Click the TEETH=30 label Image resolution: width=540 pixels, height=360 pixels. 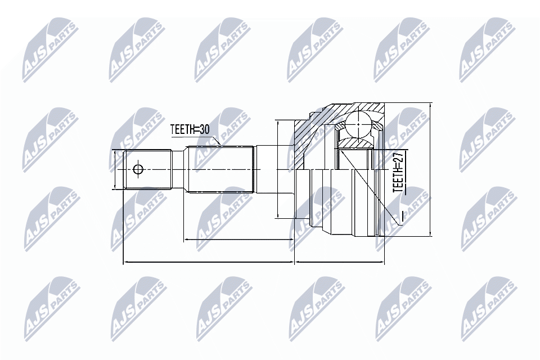tap(190, 129)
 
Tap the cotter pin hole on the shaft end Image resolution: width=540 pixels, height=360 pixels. tap(138, 169)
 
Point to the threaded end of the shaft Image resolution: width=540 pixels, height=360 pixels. tap(147, 169)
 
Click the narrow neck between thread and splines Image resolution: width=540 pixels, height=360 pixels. tap(179, 169)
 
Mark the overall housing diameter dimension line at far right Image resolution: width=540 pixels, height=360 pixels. tap(429, 169)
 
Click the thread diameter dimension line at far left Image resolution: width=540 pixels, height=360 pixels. tap(114, 169)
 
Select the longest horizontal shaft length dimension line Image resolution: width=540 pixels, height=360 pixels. tap(208, 262)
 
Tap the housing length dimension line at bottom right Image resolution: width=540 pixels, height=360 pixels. tap(340, 262)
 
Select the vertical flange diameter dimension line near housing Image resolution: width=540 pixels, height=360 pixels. tap(277, 169)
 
